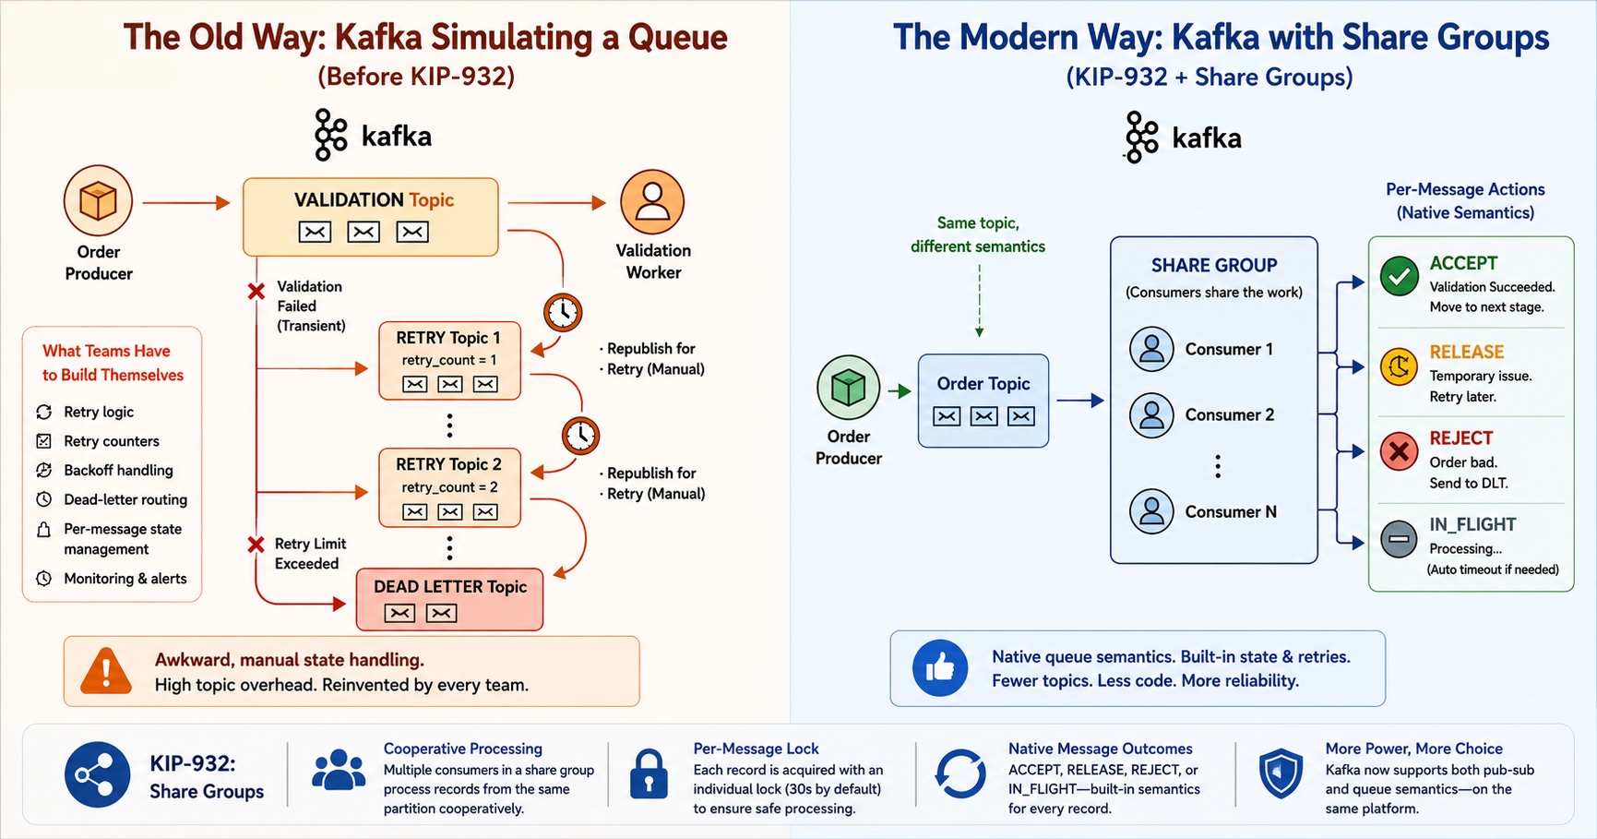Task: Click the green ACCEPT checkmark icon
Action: [1400, 276]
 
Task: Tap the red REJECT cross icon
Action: [1400, 451]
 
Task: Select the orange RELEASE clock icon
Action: [1400, 366]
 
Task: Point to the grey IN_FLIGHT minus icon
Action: [1400, 539]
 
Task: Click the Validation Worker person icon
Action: [652, 202]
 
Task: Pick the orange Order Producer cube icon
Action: [98, 200]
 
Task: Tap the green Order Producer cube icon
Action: [848, 388]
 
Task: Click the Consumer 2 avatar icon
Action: [1151, 414]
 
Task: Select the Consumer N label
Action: [1231, 511]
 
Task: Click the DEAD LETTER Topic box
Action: [449, 599]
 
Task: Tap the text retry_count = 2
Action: [449, 487]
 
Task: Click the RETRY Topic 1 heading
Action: [448, 338]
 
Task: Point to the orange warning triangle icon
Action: [106, 670]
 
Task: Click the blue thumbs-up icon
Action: [940, 667]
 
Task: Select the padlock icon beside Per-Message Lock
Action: [649, 773]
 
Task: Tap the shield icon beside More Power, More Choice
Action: [1281, 773]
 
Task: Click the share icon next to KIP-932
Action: [97, 774]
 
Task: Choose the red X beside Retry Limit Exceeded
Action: [256, 545]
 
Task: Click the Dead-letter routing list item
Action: [112, 499]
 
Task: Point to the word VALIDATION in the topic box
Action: [349, 200]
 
